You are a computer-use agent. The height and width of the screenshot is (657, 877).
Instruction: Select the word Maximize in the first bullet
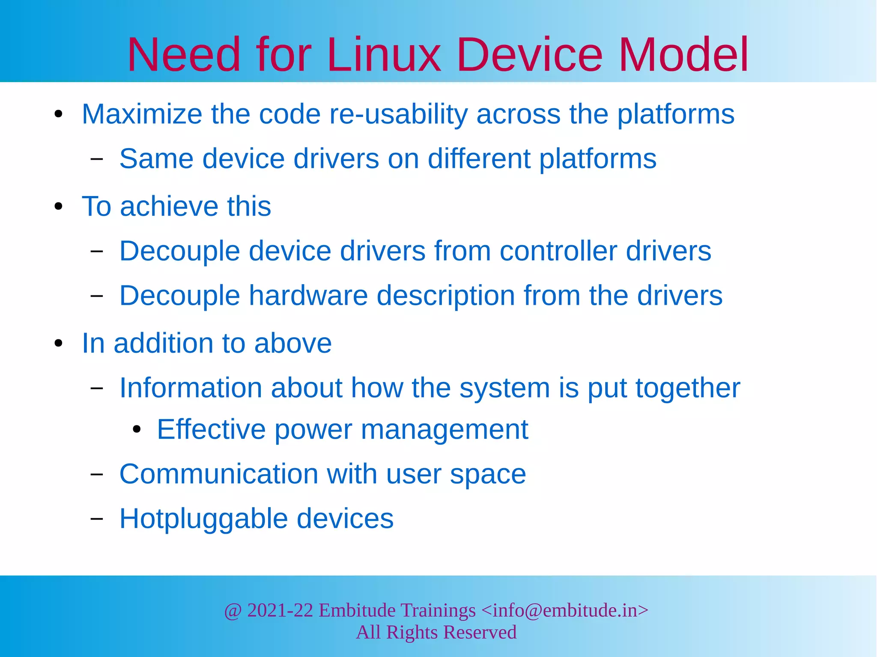point(142,114)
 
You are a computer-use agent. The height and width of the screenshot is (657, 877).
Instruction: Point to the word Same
point(156,159)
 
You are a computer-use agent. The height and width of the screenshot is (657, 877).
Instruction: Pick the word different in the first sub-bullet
point(479,159)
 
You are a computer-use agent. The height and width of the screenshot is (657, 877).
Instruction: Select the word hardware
point(308,295)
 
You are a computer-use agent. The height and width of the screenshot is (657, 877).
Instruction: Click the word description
point(445,296)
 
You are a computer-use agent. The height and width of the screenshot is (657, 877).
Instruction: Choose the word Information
point(190,388)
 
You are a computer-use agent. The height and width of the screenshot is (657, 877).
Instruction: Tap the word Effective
point(211,429)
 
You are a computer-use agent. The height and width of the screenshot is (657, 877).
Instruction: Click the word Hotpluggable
point(203,519)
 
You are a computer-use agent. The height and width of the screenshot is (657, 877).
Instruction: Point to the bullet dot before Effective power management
point(137,429)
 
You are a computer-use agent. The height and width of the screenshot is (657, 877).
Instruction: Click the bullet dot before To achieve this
point(59,207)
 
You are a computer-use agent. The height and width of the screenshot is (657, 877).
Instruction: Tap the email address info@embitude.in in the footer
point(565,610)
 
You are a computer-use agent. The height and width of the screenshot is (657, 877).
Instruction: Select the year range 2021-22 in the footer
point(280,610)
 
